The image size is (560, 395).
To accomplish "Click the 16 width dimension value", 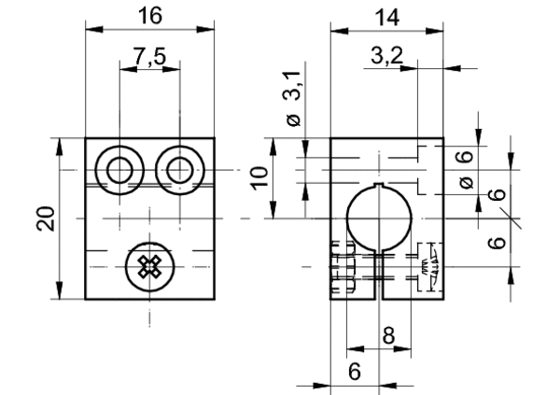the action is pos(150,16).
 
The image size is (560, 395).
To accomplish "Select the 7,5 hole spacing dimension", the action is pos(150,56).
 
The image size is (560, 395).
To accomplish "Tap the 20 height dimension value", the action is pos(46,219).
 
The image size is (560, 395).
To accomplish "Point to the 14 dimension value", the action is pos(387,17).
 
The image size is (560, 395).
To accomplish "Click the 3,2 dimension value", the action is pos(386,55).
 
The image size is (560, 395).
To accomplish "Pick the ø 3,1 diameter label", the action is pos(294,98).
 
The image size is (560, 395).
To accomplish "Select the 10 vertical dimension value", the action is pos(259,178).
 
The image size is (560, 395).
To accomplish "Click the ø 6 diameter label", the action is pos(466,169).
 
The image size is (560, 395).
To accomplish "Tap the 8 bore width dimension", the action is pos(388,335).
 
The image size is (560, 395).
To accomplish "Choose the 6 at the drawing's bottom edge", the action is pos(355,372).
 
